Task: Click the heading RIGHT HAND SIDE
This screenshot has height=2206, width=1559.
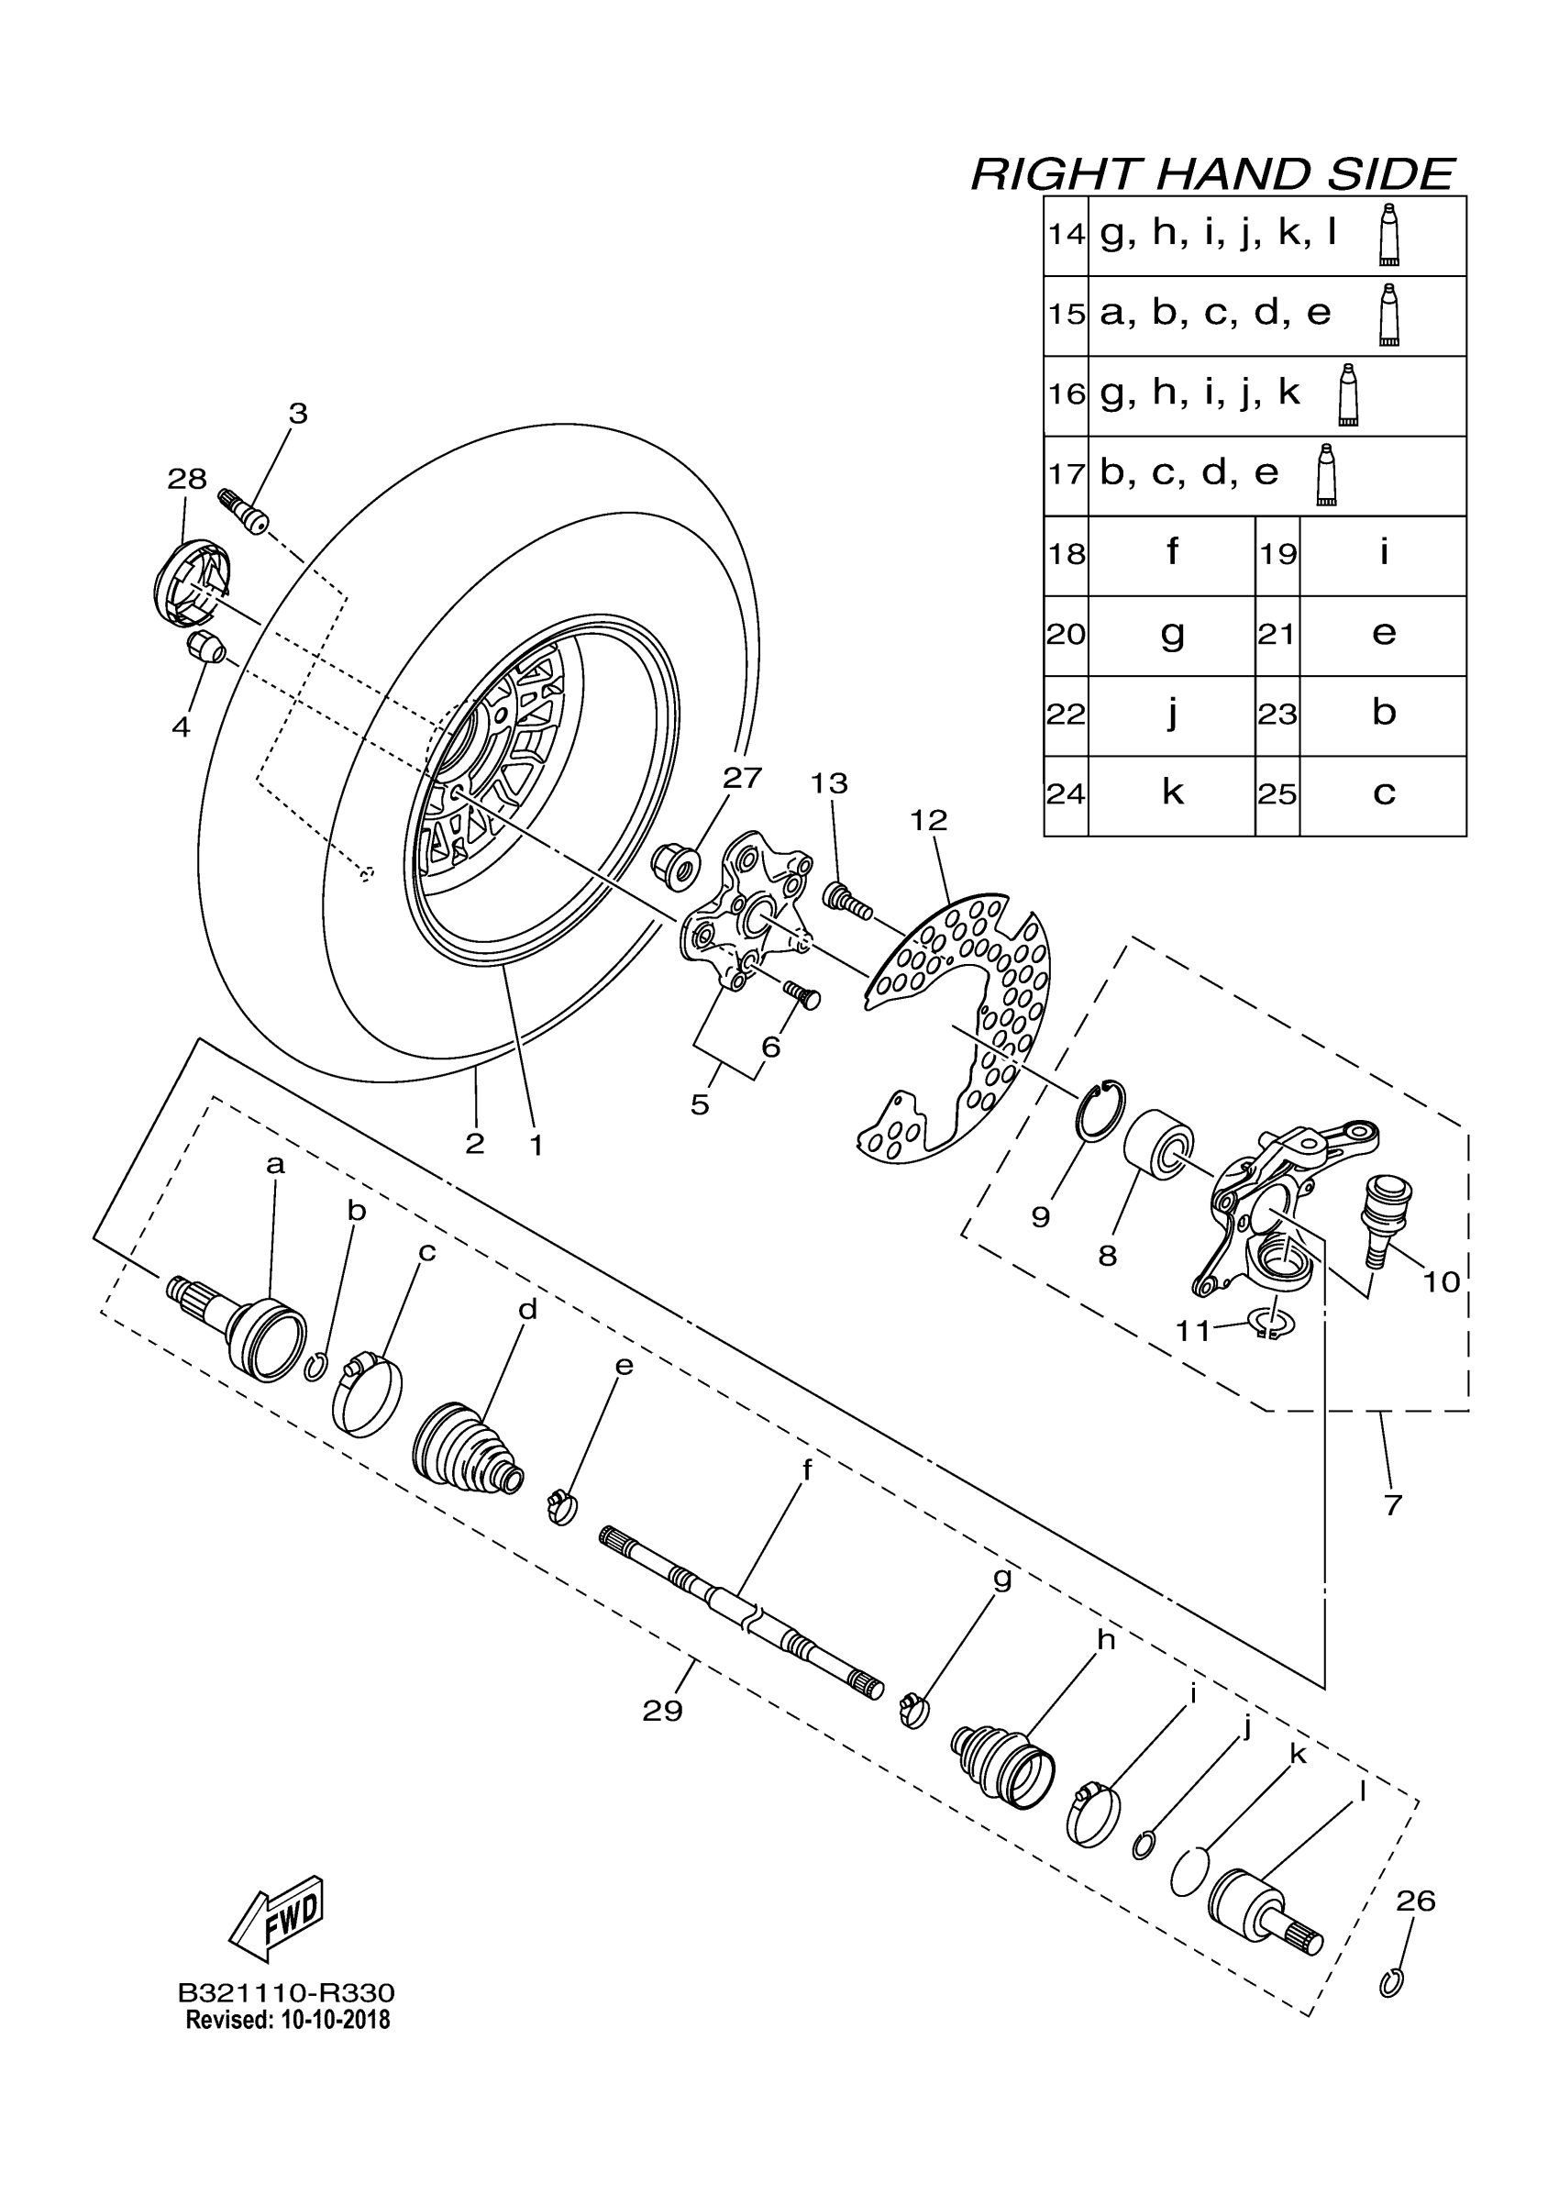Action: pyautogui.click(x=1212, y=175)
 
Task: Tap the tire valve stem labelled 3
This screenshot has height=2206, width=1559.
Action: pyautogui.click(x=244, y=508)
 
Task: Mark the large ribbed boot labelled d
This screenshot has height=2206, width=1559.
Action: pyautogui.click(x=466, y=1451)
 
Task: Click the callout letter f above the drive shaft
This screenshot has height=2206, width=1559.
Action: pyautogui.click(x=806, y=1471)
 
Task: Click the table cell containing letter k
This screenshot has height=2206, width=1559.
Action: pyautogui.click(x=1172, y=793)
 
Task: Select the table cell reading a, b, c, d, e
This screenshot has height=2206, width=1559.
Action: pyautogui.click(x=1215, y=315)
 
